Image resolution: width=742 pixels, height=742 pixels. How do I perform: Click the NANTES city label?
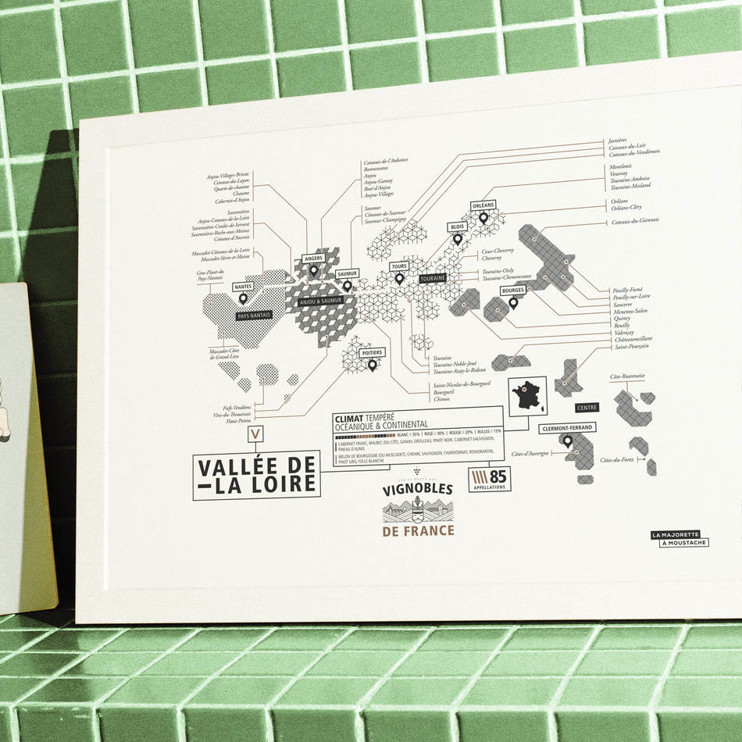click(x=243, y=287)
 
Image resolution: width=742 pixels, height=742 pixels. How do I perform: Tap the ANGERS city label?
click(x=313, y=259)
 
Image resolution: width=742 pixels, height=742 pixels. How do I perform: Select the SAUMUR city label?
click(x=347, y=274)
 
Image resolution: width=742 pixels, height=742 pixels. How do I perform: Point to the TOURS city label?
click(x=399, y=266)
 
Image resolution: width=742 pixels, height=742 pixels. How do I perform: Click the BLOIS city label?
click(x=457, y=227)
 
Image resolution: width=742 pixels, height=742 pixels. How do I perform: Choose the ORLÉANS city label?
click(x=483, y=205)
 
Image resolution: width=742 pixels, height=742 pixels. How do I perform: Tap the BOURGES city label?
click(x=512, y=291)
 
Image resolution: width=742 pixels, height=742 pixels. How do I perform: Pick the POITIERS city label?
click(x=372, y=353)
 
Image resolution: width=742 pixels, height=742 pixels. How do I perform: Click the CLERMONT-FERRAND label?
click(x=567, y=428)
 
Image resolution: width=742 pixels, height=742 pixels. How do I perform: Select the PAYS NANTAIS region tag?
click(x=259, y=316)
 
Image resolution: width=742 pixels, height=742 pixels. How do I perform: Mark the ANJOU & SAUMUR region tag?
click(x=320, y=300)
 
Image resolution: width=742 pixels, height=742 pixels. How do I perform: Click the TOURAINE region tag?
click(x=432, y=278)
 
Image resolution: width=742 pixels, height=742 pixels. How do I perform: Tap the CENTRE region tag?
click(x=587, y=408)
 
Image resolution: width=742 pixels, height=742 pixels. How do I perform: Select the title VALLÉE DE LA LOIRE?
click(x=257, y=476)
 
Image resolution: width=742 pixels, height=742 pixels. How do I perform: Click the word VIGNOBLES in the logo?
click(x=418, y=491)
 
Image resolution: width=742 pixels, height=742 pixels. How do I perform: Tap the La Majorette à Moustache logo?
click(x=680, y=538)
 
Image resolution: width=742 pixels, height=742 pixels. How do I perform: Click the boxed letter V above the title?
click(x=256, y=434)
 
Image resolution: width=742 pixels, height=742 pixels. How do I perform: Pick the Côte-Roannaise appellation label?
click(x=628, y=376)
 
